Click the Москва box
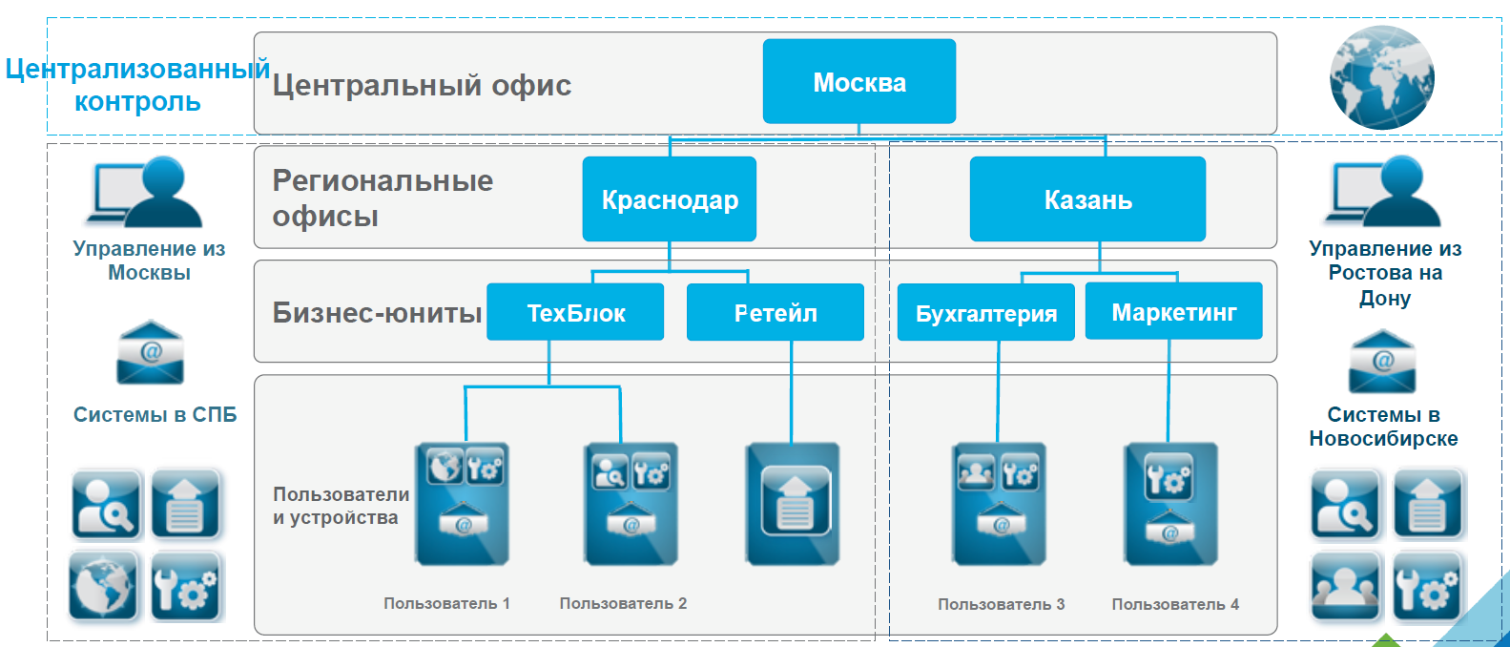858,81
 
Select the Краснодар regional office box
670,199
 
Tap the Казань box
1088,199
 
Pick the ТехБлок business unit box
575,312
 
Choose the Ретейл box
776,312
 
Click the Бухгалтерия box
986,312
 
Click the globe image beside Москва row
1382,77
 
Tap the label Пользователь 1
447,603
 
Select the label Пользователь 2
623,603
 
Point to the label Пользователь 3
1001,604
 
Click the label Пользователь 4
1175,604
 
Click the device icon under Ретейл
793,504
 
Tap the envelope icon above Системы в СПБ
151,352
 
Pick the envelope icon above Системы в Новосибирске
1382,361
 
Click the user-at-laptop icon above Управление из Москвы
145,192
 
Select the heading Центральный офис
422,85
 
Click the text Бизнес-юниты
377,312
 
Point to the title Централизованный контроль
137,85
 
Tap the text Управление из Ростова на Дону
1385,273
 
